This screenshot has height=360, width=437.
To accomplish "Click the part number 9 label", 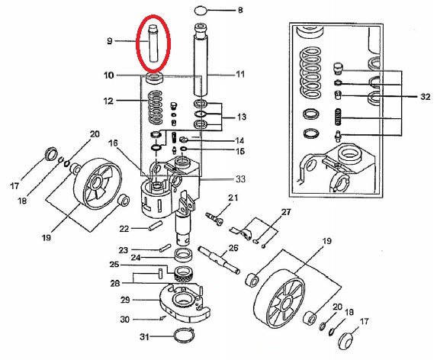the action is coord(110,41).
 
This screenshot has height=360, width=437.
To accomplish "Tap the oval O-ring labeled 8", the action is coord(201,11).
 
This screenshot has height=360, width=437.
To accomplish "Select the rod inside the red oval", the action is coord(153,43).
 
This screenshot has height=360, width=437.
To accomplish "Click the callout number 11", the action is coord(240,75).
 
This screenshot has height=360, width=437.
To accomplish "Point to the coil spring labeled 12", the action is coord(156,108).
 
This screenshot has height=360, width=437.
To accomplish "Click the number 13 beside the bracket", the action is coord(242,117).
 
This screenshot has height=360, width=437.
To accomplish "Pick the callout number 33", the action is coord(240,179).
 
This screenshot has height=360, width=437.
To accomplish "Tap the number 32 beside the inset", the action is coord(426,97).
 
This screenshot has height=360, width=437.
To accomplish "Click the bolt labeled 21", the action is coord(215,219).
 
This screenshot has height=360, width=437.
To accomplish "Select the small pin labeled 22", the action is coord(155,226).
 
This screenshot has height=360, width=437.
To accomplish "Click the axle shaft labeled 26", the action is coord(219,259).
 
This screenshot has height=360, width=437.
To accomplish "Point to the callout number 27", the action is coord(286,212).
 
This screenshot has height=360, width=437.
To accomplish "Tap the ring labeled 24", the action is coord(184,255).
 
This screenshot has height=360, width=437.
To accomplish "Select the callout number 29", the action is coord(125,300).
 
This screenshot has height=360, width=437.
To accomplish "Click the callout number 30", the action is coord(125,319).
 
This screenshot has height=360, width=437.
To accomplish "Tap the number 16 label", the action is coord(113,143).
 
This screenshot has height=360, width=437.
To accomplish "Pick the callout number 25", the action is coord(114,264).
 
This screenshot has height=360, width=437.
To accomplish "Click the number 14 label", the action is coord(239,140).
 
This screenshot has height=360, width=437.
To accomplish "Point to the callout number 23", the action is coord(124,250).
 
